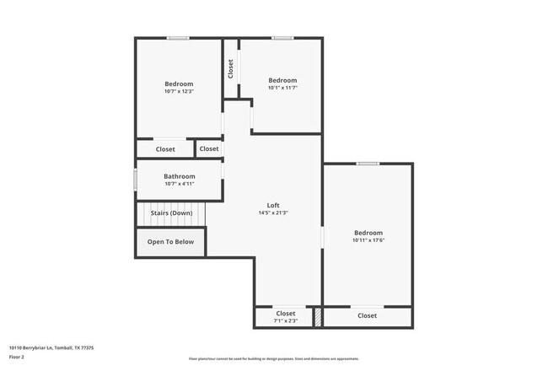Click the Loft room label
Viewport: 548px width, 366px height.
273,205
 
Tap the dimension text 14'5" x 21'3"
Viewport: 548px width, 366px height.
273,213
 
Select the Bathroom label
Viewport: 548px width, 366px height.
179,176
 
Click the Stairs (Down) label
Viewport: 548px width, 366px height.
171,213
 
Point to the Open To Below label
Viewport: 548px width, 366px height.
170,242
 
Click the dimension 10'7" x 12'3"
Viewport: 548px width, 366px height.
179,91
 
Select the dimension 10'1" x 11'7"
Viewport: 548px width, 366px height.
282,88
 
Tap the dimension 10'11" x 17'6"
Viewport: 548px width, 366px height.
368,240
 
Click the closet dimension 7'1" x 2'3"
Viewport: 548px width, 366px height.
285,321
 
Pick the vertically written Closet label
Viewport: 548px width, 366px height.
230,67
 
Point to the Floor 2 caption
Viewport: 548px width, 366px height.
17,358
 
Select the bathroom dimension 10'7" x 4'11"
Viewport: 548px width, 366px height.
179,184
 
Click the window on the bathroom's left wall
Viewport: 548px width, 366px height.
136,180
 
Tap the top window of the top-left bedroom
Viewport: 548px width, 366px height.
177,38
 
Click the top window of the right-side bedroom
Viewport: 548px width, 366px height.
367,164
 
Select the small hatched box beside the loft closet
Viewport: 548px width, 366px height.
318,317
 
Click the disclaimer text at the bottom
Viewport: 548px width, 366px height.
273,358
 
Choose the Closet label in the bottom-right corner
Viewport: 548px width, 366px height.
367,315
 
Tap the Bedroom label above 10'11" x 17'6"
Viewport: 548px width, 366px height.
368,233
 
